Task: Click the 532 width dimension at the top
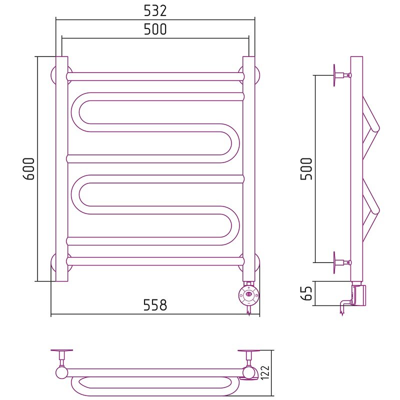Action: point(155,10)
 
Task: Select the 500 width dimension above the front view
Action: point(155,29)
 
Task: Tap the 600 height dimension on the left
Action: point(28,169)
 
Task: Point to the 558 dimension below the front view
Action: point(155,304)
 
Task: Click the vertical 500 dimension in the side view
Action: point(306,169)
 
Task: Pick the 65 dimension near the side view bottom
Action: point(306,293)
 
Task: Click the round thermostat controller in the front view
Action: point(248,295)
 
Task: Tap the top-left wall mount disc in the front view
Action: point(61,76)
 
